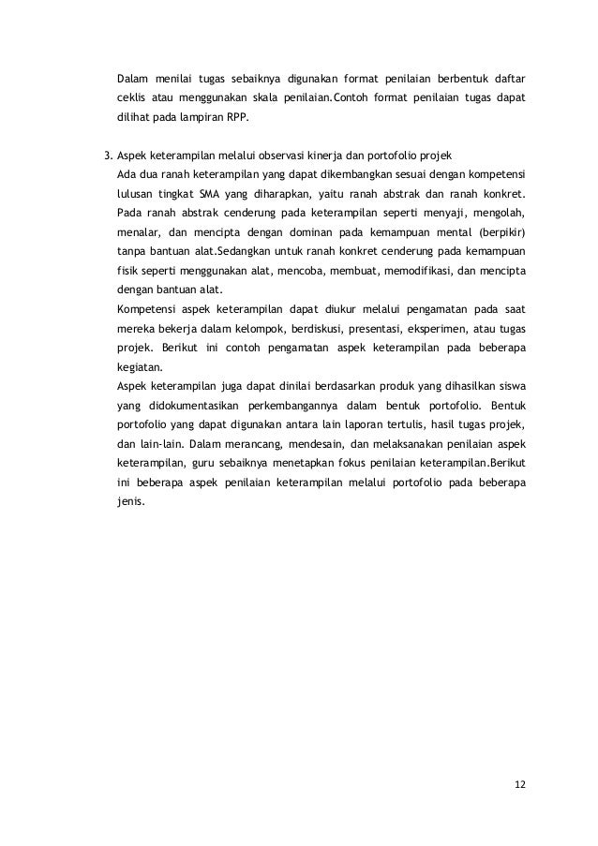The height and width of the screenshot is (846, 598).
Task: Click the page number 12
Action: click(x=520, y=784)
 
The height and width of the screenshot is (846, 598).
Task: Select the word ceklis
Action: click(x=130, y=98)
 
